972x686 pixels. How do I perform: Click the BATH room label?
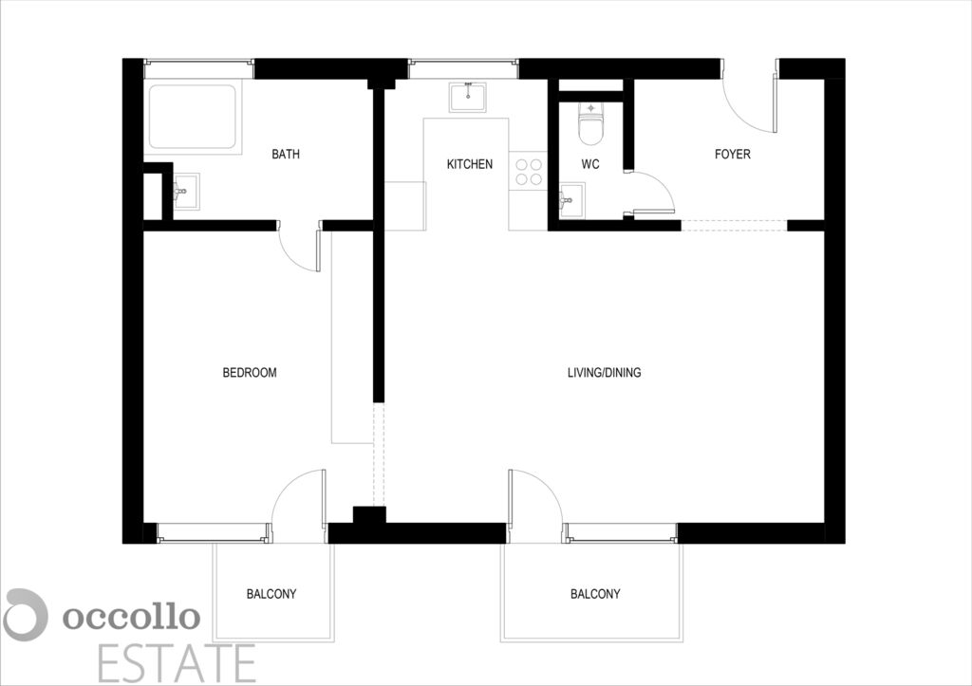pyautogui.click(x=286, y=154)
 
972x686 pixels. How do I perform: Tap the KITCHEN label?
pyautogui.click(x=470, y=164)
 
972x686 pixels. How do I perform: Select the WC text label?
pyautogui.click(x=590, y=164)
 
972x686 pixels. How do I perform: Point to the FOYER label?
pyautogui.click(x=732, y=154)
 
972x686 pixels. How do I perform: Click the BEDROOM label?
pyautogui.click(x=250, y=373)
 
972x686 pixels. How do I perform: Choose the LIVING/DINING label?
pyautogui.click(x=605, y=373)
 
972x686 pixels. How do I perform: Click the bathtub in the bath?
pyautogui.click(x=192, y=117)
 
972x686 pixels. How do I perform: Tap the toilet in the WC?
pyautogui.click(x=590, y=122)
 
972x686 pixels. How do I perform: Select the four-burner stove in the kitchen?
pyautogui.click(x=529, y=173)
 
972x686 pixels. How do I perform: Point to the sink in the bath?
pyautogui.click(x=186, y=192)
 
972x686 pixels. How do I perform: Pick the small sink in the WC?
pyautogui.click(x=571, y=200)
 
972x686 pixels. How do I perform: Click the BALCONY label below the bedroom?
pyautogui.click(x=271, y=594)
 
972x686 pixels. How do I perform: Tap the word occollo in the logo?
pyautogui.click(x=131, y=617)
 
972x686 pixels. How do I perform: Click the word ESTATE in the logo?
pyautogui.click(x=177, y=663)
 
